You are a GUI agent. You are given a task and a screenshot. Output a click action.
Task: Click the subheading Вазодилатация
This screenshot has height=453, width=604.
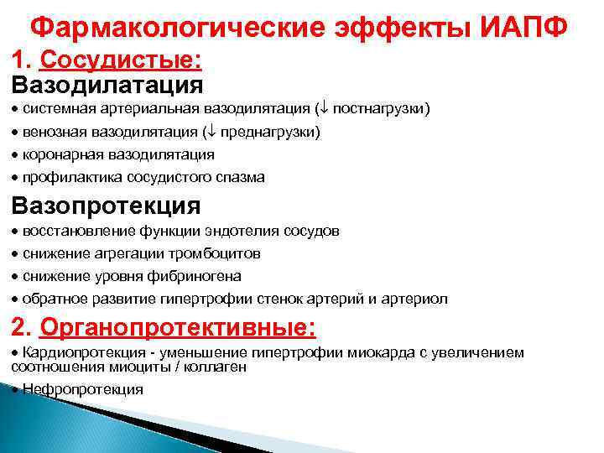[x=107, y=84]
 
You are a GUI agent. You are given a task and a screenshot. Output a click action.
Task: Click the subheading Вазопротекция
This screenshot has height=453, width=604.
[x=106, y=206]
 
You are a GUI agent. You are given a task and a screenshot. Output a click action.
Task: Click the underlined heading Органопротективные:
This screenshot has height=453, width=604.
[x=177, y=326]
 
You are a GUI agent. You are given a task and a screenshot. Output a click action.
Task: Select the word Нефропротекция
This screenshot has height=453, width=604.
[x=83, y=389]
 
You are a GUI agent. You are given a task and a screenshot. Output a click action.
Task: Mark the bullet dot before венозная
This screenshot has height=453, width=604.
[x=16, y=133]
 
